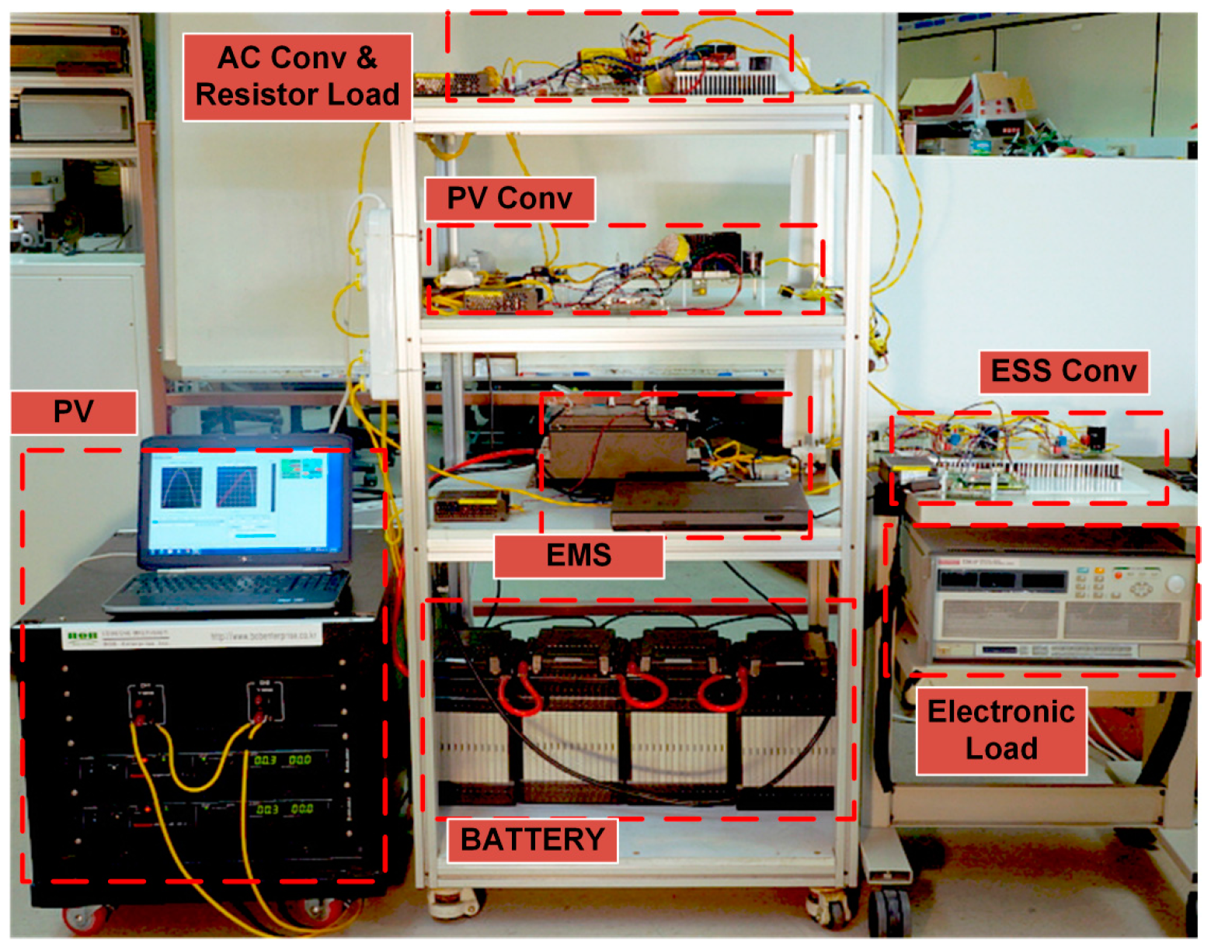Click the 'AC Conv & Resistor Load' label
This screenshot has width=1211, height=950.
(297, 77)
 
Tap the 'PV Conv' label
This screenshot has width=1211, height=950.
(510, 199)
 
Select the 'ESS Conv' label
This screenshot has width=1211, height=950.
(1063, 372)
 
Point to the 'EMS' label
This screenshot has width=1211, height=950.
(579, 556)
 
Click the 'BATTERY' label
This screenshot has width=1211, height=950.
(532, 840)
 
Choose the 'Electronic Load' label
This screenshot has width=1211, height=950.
(1000, 730)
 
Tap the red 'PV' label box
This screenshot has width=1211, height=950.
(74, 412)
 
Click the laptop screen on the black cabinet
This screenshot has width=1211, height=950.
(242, 501)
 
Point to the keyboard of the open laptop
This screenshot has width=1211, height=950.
(233, 586)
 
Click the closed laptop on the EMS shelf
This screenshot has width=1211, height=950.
(708, 504)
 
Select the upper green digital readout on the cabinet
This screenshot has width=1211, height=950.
(284, 760)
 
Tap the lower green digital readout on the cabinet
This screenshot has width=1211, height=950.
(285, 809)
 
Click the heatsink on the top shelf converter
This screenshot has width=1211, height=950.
(724, 81)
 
